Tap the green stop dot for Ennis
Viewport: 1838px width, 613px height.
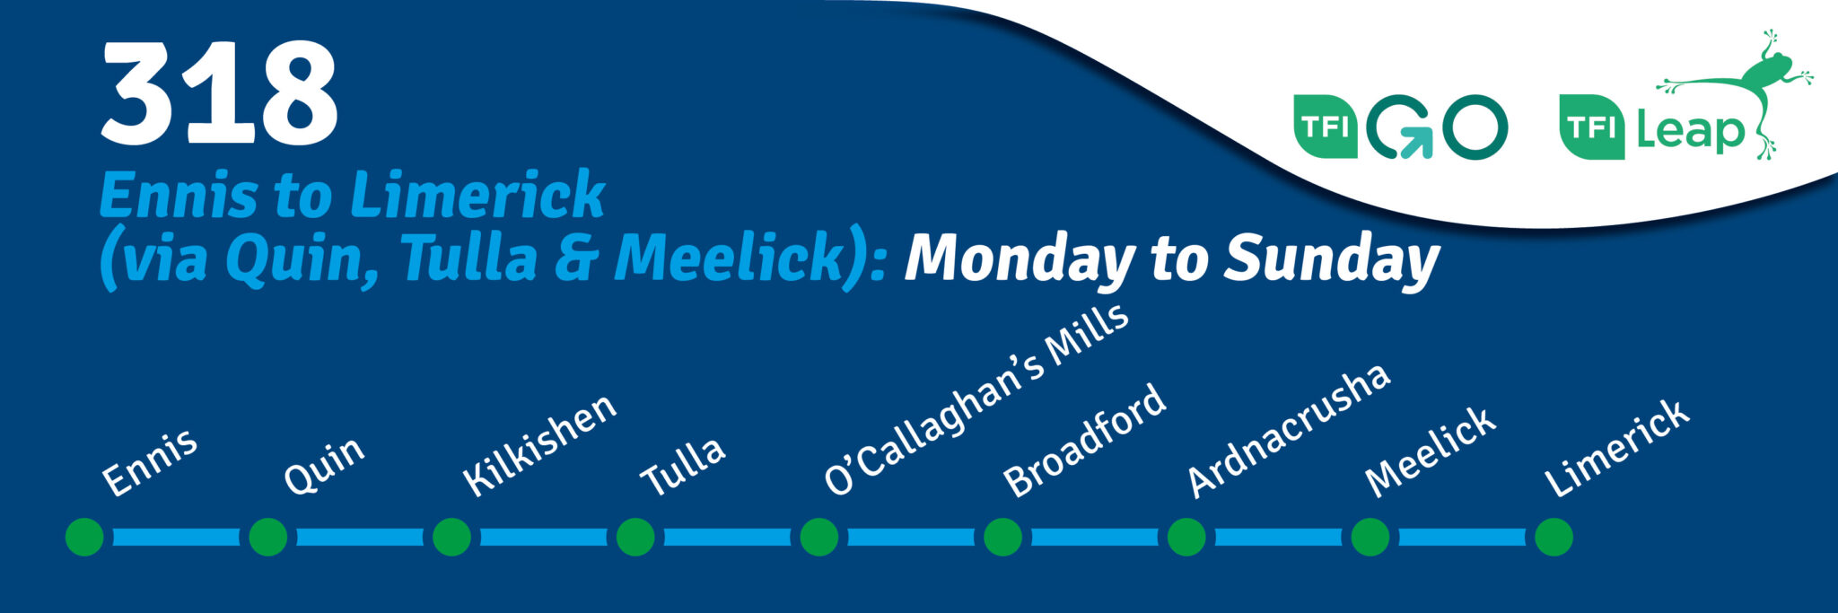[x=84, y=537]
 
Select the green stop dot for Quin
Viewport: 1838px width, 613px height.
[x=267, y=537]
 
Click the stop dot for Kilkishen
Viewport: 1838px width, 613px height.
[x=451, y=537]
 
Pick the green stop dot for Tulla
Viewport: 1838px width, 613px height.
[x=635, y=537]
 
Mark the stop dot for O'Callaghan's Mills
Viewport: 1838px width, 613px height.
[x=818, y=537]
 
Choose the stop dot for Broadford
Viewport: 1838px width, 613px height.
[x=1002, y=537]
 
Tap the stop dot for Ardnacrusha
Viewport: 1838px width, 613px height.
[x=1186, y=537]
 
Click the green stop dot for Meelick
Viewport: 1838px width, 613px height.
[x=1370, y=537]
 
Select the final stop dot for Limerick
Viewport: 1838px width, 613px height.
[x=1554, y=537]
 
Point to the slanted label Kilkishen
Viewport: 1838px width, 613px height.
[x=539, y=445]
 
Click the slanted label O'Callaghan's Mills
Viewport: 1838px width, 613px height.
[x=976, y=398]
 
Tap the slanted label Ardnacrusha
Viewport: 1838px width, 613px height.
[x=1289, y=431]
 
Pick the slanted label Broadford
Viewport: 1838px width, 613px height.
[x=1084, y=441]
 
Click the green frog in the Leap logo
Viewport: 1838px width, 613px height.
[x=1735, y=92]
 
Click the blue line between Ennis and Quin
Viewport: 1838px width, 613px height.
[x=176, y=538]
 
